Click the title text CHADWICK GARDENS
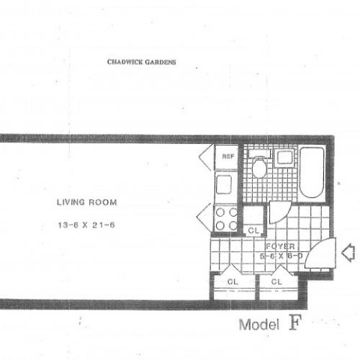(141, 62)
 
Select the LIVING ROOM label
(86, 202)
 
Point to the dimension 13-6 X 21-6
(86, 225)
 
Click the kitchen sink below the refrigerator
(225, 184)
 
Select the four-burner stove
(227, 217)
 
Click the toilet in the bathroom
(259, 166)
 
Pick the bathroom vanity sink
(284, 157)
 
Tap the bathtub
(312, 173)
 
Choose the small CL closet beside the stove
(253, 230)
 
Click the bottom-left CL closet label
(233, 282)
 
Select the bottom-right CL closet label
(276, 282)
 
